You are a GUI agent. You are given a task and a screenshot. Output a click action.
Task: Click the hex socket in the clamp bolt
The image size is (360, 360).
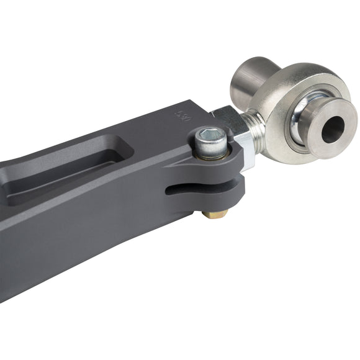pos(212,135)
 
